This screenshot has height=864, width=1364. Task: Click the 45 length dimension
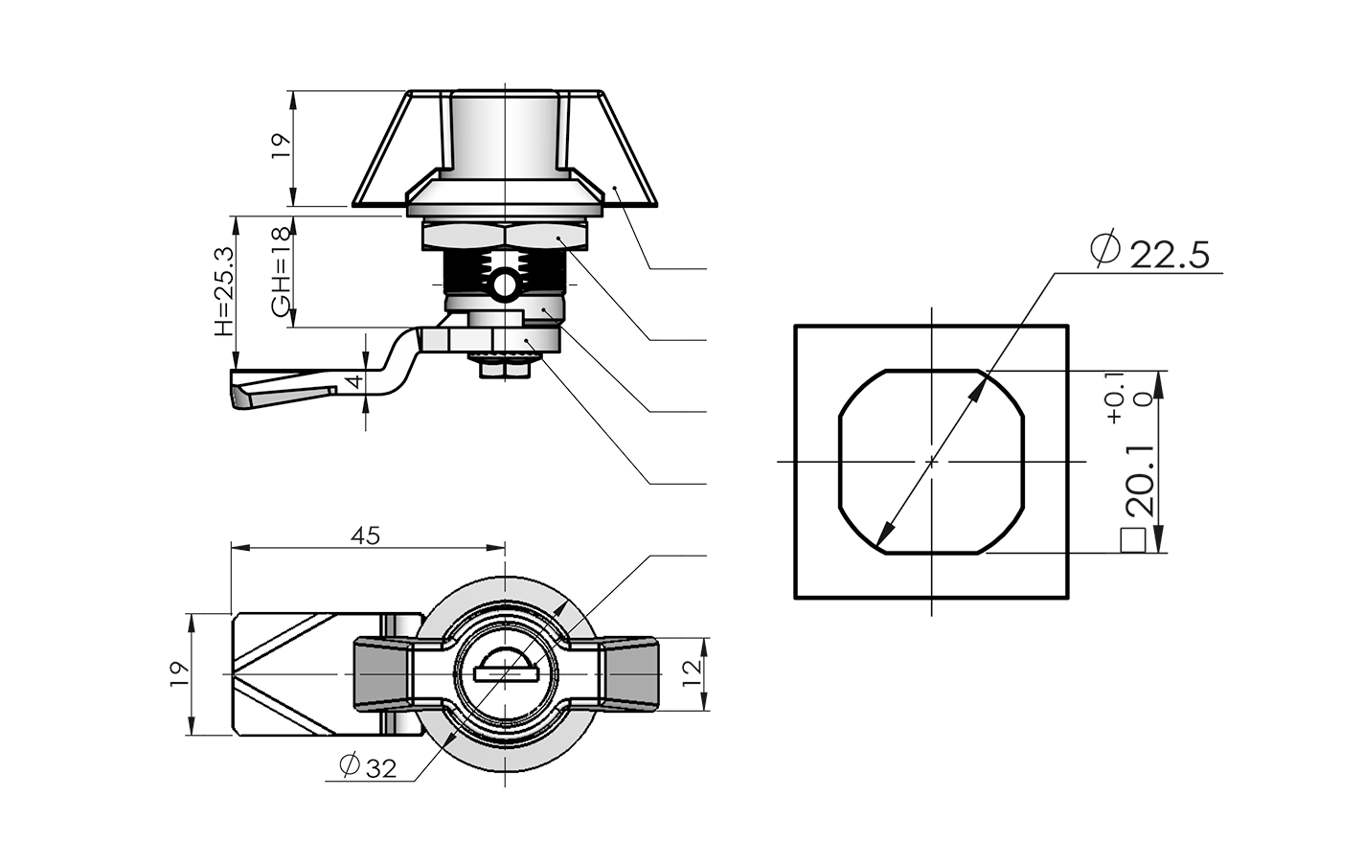(365, 535)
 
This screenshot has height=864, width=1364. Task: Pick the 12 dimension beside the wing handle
(693, 675)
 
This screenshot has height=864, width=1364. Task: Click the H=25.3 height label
(223, 291)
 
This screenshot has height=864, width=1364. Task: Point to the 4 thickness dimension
(355, 381)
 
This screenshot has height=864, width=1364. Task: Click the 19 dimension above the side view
(279, 145)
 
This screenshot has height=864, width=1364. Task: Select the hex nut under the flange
(505, 236)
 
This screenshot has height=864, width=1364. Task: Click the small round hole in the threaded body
(505, 284)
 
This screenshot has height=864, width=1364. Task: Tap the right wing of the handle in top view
(627, 674)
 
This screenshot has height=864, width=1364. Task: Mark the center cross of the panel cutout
(932, 461)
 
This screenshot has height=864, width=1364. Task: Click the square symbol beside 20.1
(1135, 540)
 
